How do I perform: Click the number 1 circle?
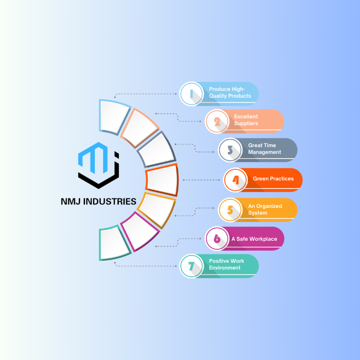192,94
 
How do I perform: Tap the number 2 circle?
217,121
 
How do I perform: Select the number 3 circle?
230,149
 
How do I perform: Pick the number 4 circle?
236,180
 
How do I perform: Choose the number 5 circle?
230,210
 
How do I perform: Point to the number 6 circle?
217,238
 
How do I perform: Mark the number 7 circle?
192,265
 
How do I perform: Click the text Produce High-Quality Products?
229,92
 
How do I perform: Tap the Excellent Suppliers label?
246,120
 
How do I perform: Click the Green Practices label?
273,179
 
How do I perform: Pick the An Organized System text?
265,209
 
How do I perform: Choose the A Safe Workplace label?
254,238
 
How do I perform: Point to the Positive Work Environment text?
226,264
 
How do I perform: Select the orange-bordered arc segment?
162,180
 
